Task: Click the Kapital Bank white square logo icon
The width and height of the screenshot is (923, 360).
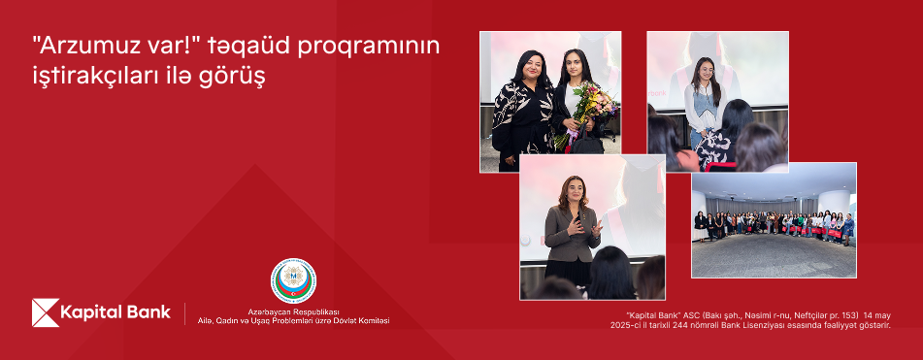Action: coord(46,312)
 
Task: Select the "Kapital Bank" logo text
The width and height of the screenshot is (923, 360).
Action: coord(115,312)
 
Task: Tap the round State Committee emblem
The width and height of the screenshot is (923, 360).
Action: coord(293,280)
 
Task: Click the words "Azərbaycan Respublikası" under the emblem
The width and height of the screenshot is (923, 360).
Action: coord(293,311)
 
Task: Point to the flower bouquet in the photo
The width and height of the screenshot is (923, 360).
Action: coord(585,113)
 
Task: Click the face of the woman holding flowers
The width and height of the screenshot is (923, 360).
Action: coord(573,63)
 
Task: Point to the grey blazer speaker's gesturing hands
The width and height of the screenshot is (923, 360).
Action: coord(582,226)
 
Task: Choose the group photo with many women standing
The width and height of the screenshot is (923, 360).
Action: coord(774,220)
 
